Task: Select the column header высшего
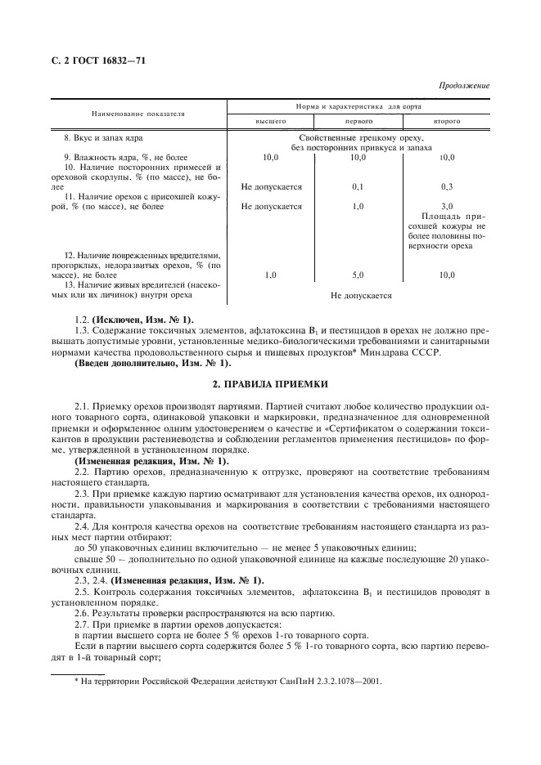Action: [270, 121]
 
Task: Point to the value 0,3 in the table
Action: [447, 186]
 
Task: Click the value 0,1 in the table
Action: [358, 186]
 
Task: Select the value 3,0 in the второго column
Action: [447, 207]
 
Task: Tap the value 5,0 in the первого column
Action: [358, 275]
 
